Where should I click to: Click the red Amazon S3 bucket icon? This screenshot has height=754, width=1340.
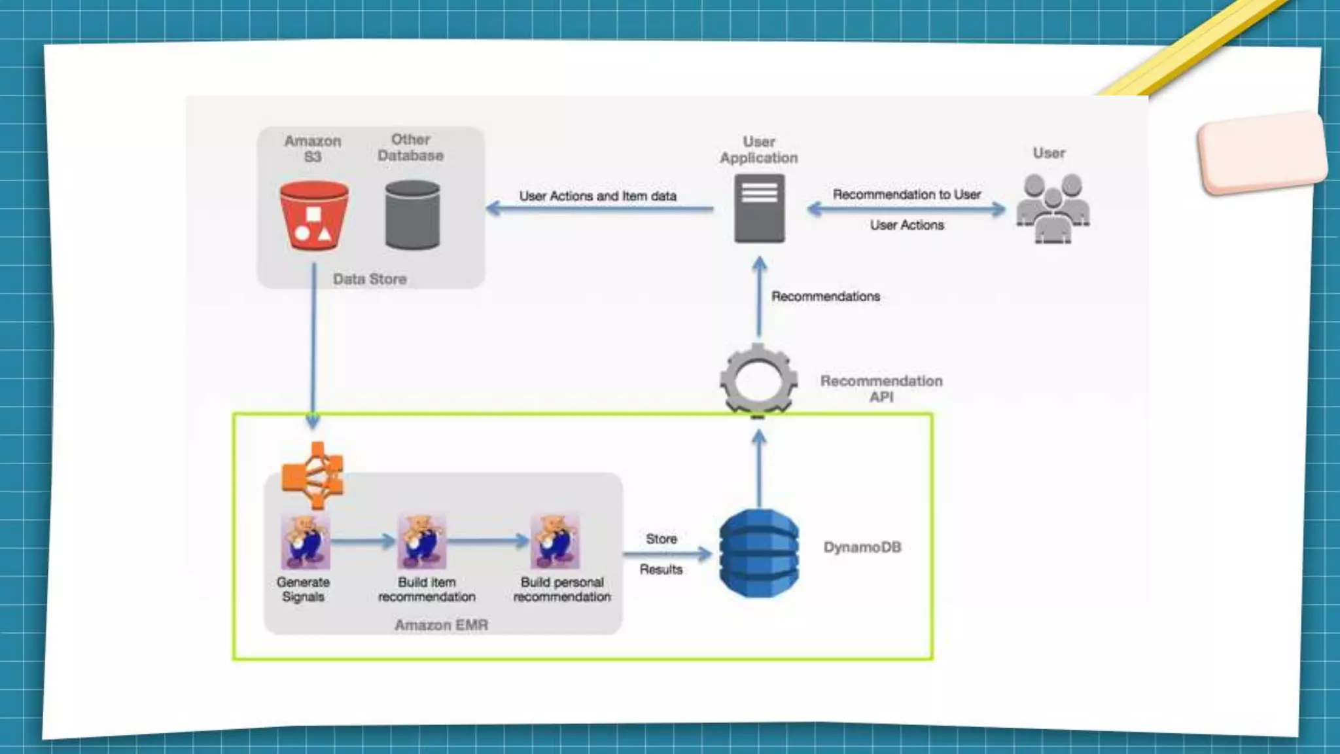pos(314,216)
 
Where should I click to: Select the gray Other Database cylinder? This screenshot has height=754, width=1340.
pos(412,216)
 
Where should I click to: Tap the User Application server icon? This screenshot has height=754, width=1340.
pos(759,209)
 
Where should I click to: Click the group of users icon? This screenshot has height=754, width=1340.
pos(1052,208)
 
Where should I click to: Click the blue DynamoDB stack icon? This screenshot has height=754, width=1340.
pos(759,553)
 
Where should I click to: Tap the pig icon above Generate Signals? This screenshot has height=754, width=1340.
pos(305,542)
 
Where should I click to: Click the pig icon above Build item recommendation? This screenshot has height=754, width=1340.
pos(422,542)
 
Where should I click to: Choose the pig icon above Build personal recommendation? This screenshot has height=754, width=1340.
pos(555,542)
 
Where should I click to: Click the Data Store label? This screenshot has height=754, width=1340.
pos(370,279)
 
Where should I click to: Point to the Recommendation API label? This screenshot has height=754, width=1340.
pos(881,389)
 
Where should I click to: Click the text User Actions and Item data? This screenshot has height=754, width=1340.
pos(597,196)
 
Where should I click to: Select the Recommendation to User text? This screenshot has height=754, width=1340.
pos(906,194)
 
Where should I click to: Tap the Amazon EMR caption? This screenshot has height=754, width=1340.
pos(441,625)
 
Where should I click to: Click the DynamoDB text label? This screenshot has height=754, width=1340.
pos(862,547)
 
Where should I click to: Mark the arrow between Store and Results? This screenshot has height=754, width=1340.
pos(667,554)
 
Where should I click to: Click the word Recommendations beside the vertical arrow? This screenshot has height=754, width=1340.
pos(826,296)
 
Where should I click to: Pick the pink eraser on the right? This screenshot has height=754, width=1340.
pos(1261,153)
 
